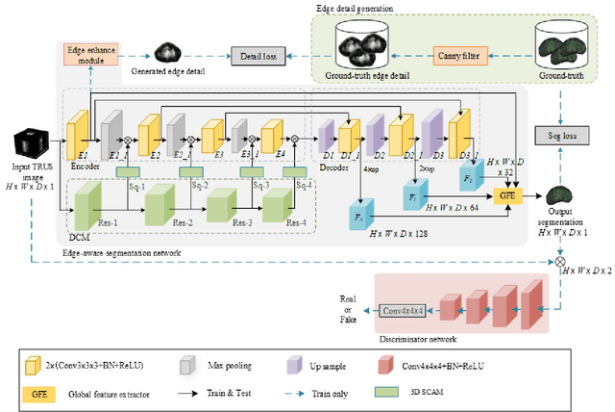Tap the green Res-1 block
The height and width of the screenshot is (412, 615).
[87, 203]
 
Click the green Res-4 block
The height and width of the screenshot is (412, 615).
[278, 204]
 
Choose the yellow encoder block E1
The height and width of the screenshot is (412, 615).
[77, 134]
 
